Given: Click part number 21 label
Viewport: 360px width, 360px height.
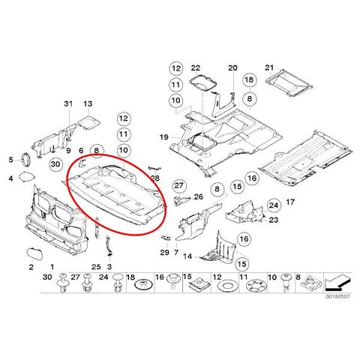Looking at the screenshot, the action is coord(269,67).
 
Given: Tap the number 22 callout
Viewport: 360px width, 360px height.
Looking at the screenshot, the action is coord(196,67).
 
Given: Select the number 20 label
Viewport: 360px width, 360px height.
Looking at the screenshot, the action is coord(232,67).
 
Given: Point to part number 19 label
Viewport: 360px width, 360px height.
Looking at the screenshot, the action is coord(164,137).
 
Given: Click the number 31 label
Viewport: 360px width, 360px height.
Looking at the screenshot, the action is coord(68,103).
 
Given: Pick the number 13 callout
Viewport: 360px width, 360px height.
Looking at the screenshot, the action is coord(88,103).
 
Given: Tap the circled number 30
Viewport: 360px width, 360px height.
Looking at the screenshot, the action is coord(55,164).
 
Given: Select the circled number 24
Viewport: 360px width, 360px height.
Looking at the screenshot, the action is coord(274,205).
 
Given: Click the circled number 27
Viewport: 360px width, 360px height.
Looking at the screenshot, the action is coord(179,185).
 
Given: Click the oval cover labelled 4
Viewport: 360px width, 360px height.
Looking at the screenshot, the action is coord(27,176).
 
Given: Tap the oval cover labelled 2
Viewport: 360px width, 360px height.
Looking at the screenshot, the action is coord(34,253).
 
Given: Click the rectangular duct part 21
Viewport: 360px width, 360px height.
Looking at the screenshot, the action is coord(288,83).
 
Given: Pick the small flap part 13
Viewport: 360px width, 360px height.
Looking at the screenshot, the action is coord(88,122).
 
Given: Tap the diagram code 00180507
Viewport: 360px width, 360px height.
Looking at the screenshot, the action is coord(337,296).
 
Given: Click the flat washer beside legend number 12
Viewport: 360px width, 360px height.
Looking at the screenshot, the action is coord(226,285).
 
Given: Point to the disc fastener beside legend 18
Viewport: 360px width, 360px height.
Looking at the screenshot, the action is coord(143,285).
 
